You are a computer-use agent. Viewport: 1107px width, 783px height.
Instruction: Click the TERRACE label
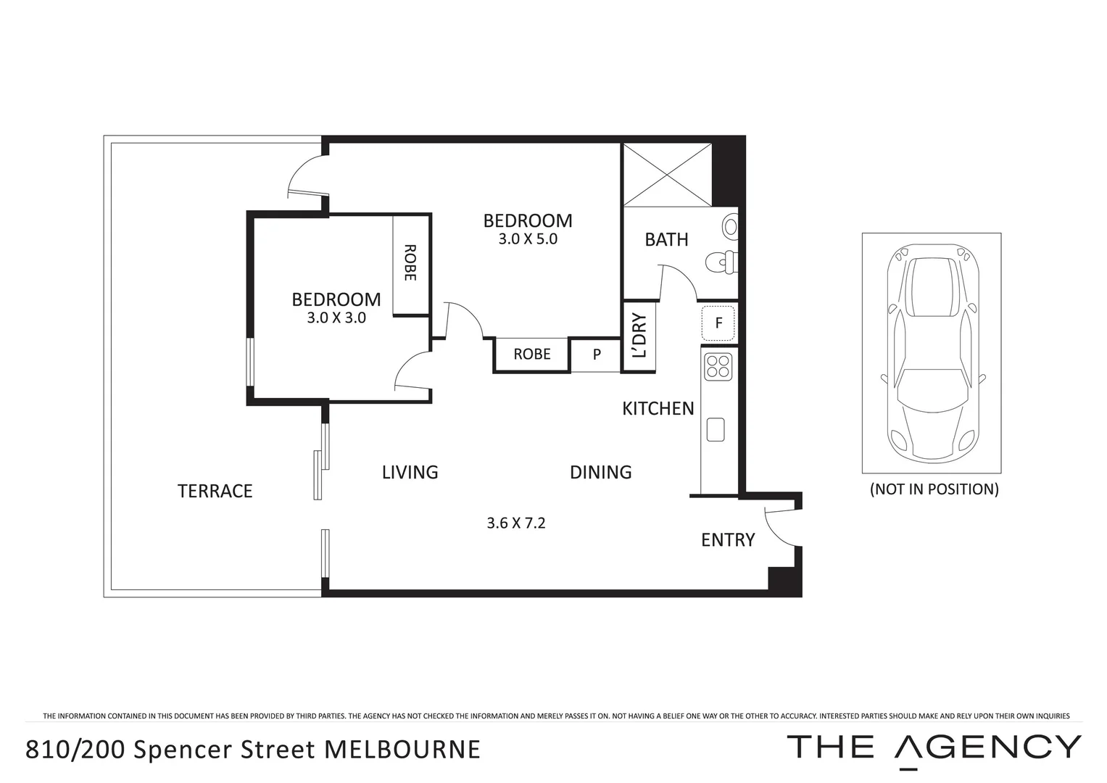pos(215,491)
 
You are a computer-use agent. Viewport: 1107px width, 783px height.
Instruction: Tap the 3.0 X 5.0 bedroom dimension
pos(528,239)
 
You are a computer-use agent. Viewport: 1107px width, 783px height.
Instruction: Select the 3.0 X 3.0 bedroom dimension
pos(336,318)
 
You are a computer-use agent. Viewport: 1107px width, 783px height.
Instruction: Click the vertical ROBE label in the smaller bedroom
pos(410,262)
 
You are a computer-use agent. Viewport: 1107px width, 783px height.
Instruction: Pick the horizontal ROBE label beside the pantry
pos(531,354)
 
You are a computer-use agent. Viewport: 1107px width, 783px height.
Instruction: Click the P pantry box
pos(597,355)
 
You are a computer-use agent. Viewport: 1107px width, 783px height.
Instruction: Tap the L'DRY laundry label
pos(639,336)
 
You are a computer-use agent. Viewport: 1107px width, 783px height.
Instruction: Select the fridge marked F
pos(718,323)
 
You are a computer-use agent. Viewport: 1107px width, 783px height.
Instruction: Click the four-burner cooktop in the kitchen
pos(718,366)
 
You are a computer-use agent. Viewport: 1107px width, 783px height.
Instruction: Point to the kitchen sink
pos(716,429)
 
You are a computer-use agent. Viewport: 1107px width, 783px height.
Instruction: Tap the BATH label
pos(666,239)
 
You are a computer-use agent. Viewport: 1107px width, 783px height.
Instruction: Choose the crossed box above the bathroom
pos(667,175)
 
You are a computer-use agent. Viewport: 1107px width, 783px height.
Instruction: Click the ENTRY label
pos(728,540)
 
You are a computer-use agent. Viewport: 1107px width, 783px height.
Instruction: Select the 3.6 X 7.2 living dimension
pos(515,523)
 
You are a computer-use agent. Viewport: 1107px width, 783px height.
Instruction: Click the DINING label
pos(600,473)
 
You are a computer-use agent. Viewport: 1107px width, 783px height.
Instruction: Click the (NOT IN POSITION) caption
pos(934,489)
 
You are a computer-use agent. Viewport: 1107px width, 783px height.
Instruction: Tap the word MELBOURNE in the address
pos(402,749)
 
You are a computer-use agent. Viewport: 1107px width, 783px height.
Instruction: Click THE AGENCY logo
pos(934,747)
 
